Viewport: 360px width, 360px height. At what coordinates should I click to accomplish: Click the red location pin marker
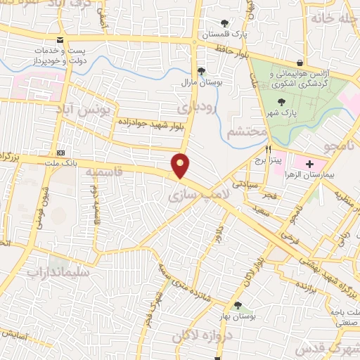[x=181, y=165]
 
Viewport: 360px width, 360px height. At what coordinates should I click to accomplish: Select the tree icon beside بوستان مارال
[x=202, y=71]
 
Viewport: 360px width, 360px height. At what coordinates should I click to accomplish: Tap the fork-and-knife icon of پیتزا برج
[x=268, y=150]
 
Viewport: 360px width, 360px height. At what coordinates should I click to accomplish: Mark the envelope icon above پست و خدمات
[x=61, y=40]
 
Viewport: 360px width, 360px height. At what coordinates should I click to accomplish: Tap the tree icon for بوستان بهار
[x=237, y=306]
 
